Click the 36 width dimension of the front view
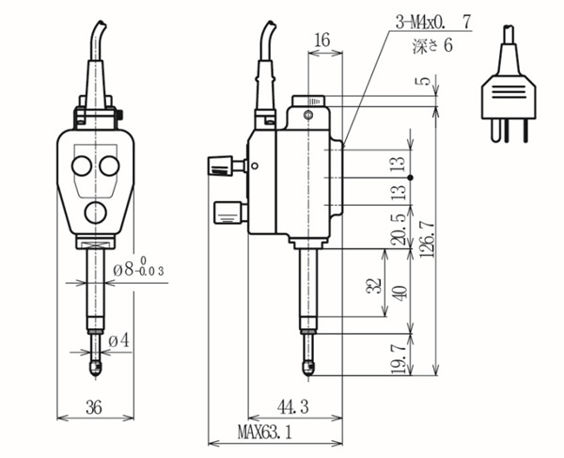(93, 407)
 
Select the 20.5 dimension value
(400, 229)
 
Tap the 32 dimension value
(372, 285)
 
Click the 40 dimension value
(400, 291)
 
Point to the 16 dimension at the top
(321, 39)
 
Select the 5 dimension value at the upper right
(427, 81)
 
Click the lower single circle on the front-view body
(95, 212)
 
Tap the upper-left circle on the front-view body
(81, 166)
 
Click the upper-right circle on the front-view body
(109, 166)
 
